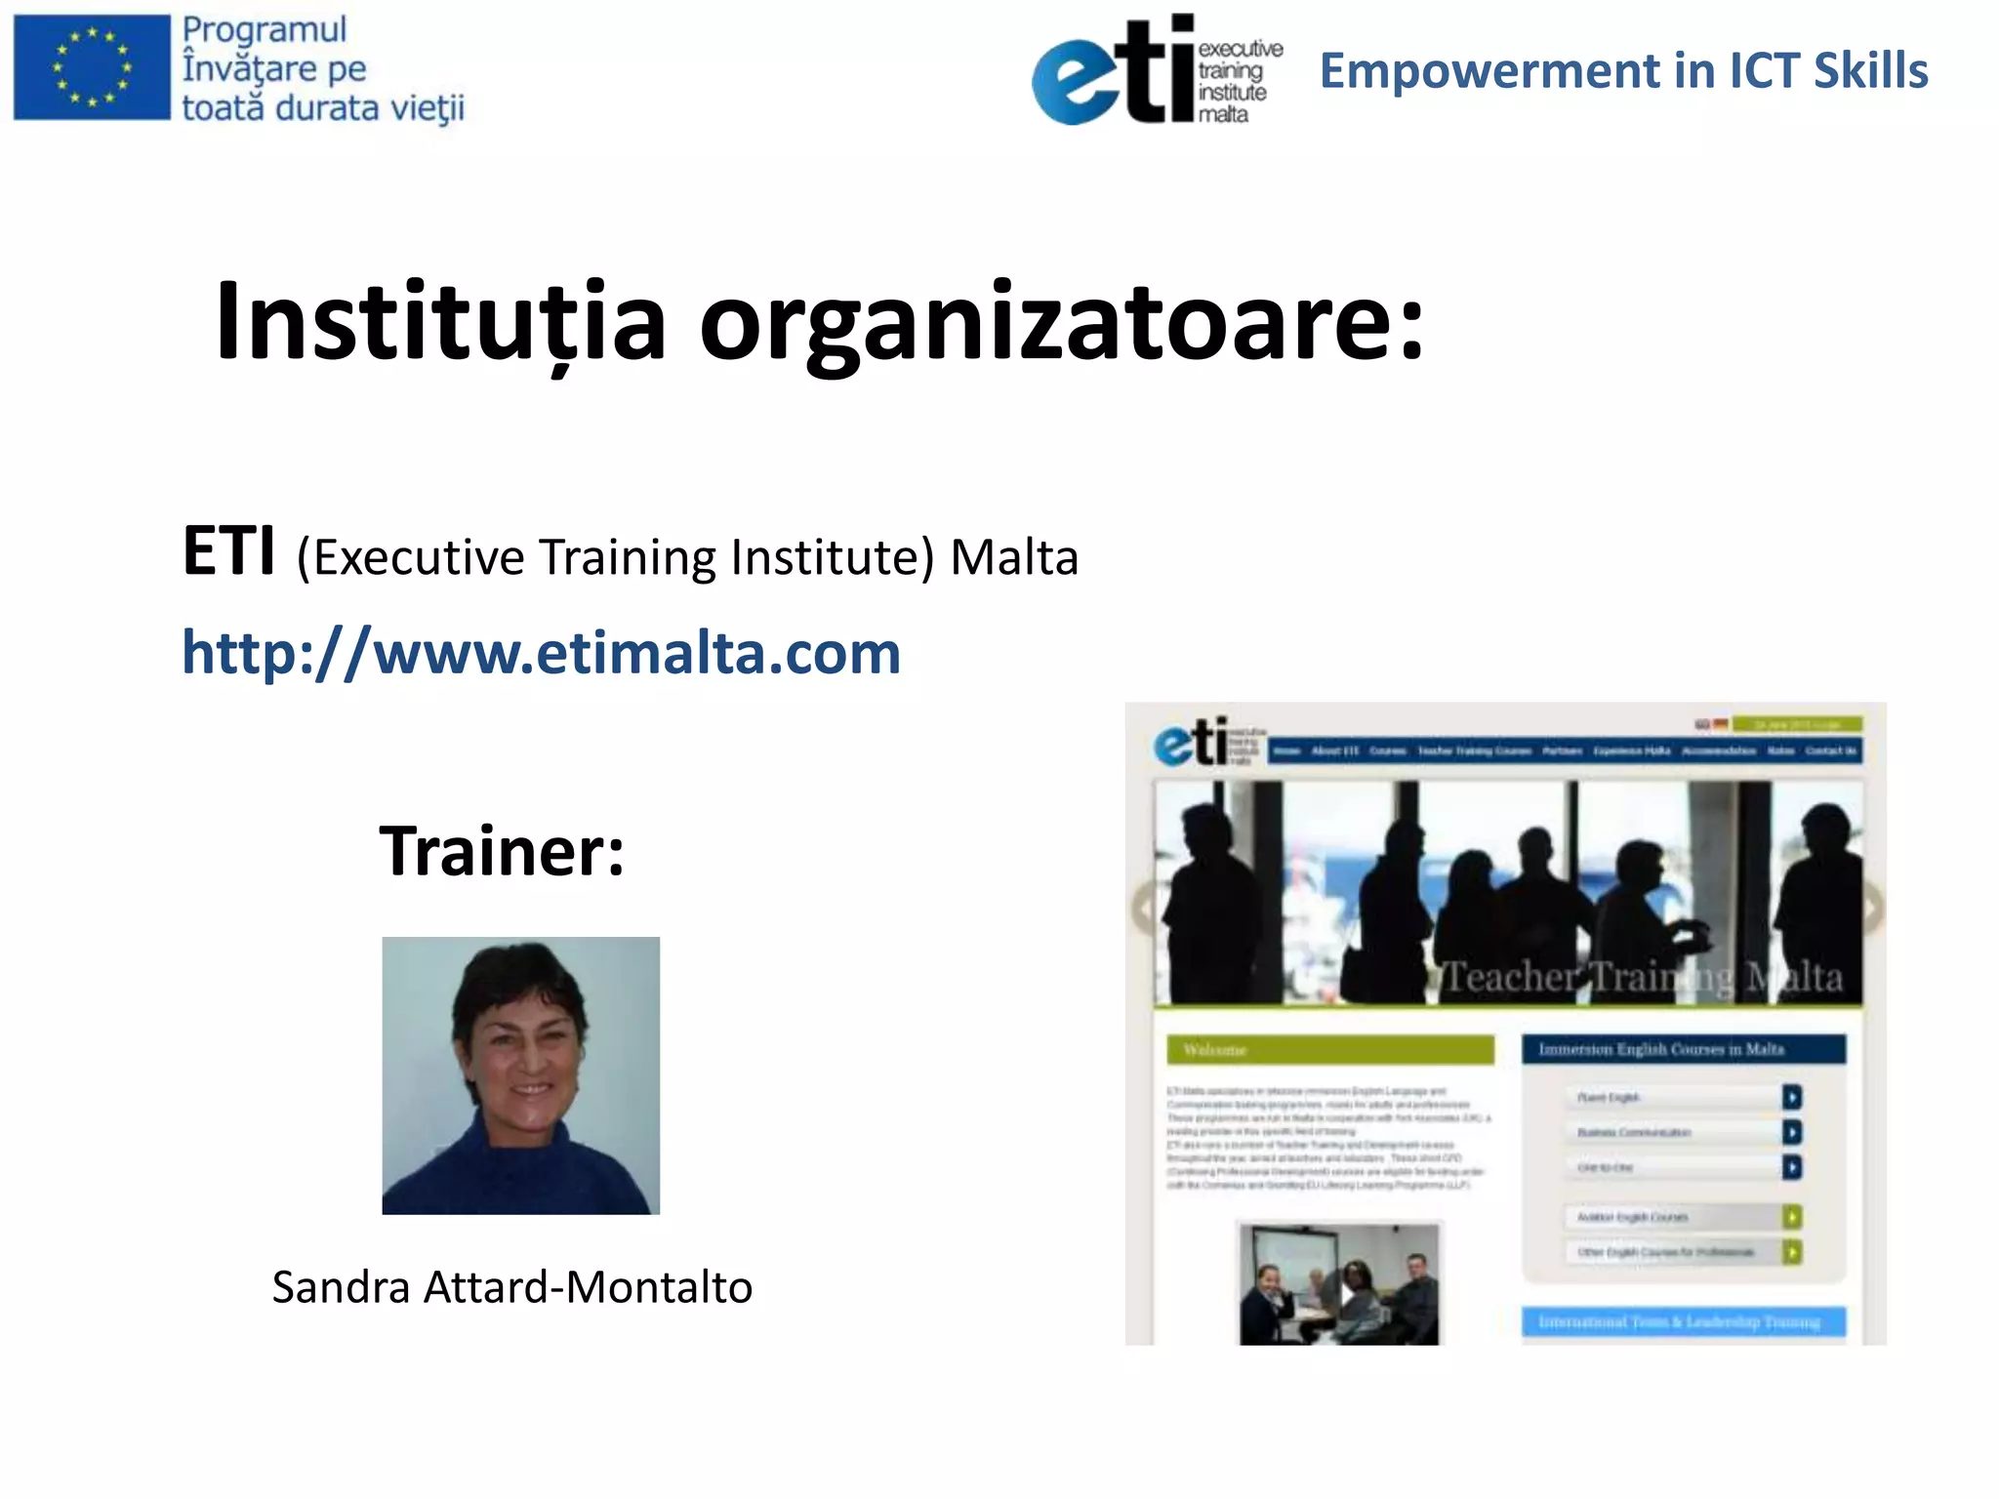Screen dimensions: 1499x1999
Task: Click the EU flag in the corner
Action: [x=92, y=67]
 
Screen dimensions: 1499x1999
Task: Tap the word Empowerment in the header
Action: [x=1489, y=71]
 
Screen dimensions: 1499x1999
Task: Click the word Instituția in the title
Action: [x=440, y=321]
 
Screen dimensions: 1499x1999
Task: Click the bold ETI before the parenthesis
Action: [x=229, y=552]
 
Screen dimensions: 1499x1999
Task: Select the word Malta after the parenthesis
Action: [x=1014, y=557]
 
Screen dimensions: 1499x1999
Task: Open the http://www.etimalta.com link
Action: [x=541, y=652]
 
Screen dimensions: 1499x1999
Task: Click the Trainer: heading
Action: [x=502, y=851]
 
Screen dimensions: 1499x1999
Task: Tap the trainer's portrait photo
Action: [x=520, y=1075]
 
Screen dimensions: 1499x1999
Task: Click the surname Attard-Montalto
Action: [x=588, y=1287]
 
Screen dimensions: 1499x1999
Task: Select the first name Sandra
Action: [x=341, y=1287]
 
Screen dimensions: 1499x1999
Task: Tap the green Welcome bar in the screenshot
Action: [x=1329, y=1050]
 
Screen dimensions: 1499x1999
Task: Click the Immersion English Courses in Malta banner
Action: [x=1684, y=1050]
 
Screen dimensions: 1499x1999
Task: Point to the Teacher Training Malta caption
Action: [x=1642, y=977]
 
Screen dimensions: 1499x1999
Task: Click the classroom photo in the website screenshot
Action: [x=1338, y=1283]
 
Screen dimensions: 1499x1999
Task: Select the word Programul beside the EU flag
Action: [x=265, y=29]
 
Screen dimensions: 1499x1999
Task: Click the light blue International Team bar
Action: [x=1684, y=1321]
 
